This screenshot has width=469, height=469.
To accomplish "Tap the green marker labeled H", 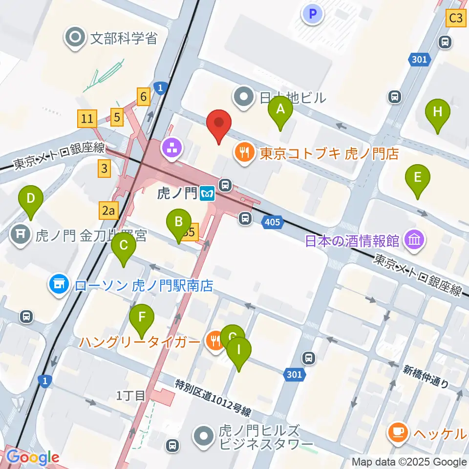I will coord(437,111).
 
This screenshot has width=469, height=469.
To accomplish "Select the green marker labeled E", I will coord(417,177).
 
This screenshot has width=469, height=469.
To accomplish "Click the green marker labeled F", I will coord(142,317).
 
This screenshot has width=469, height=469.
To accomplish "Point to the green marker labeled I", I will coord(239,349).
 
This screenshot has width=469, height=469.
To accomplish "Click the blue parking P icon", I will coord(313,13).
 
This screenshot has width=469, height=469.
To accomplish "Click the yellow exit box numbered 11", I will coord(87,118).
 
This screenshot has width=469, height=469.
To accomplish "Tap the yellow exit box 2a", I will coord(108,211).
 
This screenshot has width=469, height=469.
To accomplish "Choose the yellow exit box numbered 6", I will coord(143,96).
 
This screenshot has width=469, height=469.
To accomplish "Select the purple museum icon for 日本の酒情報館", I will coord(414,240).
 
